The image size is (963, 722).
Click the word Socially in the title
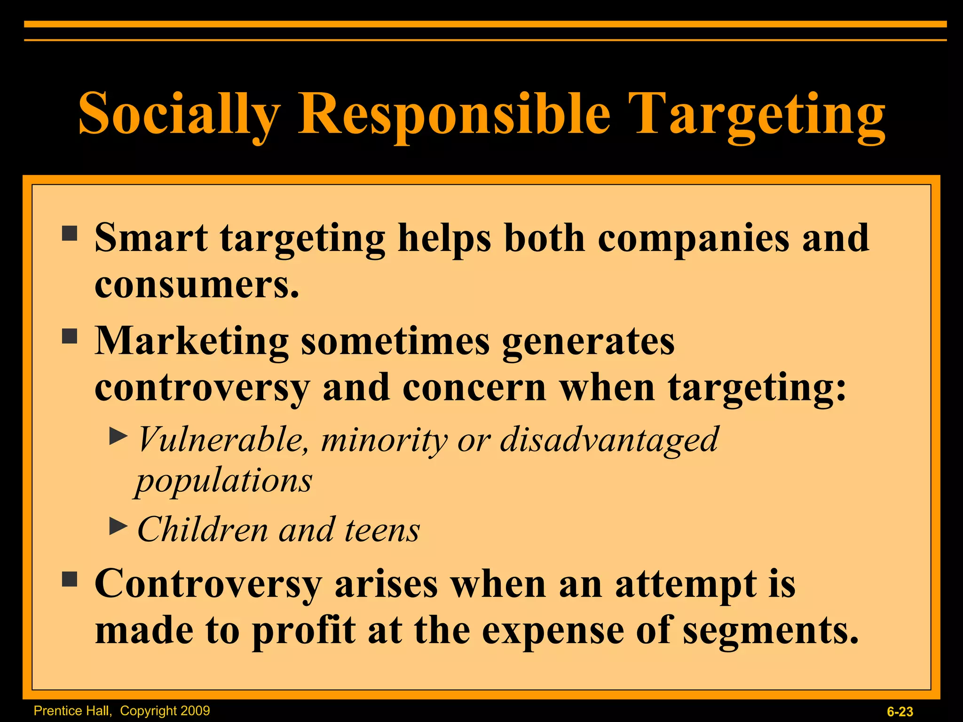[179, 114]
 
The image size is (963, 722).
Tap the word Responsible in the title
[454, 114]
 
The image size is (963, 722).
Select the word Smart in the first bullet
[151, 238]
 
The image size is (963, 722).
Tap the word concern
[474, 388]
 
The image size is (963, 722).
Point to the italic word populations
[224, 481]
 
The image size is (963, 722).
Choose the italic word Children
[203, 530]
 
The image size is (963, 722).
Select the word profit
[303, 631]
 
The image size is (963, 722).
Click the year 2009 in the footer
[194, 711]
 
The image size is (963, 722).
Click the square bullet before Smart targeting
[70, 233]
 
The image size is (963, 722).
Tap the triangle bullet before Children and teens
[118, 526]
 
